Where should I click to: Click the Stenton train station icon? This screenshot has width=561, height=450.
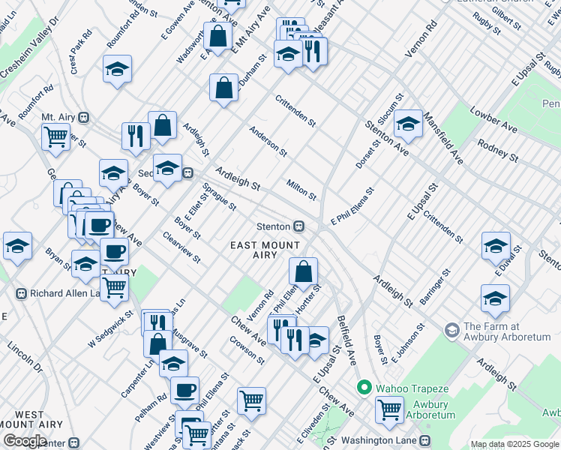tap(298, 226)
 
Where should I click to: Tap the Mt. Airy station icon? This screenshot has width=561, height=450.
tap(84, 118)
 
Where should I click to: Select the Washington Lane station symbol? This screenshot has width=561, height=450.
tap(425, 440)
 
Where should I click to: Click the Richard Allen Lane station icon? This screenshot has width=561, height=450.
tap(21, 293)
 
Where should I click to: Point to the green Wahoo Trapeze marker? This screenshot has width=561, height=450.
tap(364, 388)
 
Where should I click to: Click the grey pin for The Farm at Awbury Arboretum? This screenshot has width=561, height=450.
tap(451, 329)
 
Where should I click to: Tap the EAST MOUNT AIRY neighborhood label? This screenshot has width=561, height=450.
tap(265, 250)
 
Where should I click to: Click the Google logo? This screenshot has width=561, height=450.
tap(25, 440)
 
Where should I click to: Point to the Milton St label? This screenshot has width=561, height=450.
tap(301, 190)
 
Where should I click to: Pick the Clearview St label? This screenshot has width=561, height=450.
tap(182, 247)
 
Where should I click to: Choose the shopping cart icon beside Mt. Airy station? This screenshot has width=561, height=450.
tap(55, 137)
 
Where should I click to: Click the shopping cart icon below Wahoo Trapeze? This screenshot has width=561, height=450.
tap(390, 409)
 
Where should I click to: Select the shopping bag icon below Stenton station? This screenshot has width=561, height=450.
tap(303, 271)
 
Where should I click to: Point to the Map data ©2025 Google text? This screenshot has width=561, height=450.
tap(514, 443)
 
